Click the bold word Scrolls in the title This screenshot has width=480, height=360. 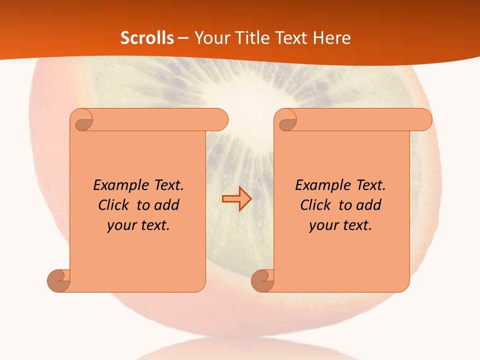coord(147,38)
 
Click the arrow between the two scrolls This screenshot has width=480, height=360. coord(237,199)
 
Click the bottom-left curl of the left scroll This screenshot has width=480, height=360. coord(59,280)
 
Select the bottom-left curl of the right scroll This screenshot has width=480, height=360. coord(262,280)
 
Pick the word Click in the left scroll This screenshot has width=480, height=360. coord(115,205)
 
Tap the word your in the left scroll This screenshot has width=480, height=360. coord(121,225)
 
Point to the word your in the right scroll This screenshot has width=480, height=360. coord(323,225)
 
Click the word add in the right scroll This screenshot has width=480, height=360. coord(369,205)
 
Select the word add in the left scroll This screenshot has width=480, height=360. coord(167,205)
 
